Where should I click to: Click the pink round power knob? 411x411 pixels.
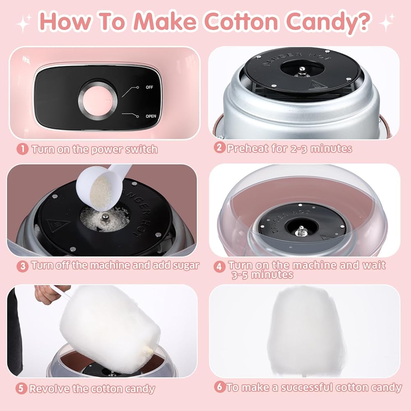(98, 100)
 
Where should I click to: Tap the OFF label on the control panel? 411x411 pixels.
(149, 87)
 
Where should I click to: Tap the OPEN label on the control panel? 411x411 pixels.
(151, 116)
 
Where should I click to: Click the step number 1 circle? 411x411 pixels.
(23, 149)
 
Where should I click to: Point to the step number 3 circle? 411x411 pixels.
(23, 266)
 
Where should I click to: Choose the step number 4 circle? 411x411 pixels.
(219, 267)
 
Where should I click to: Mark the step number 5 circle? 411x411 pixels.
(21, 388)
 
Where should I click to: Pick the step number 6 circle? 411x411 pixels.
(220, 387)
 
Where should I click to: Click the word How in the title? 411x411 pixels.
(67, 21)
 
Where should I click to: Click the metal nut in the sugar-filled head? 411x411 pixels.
(106, 218)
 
